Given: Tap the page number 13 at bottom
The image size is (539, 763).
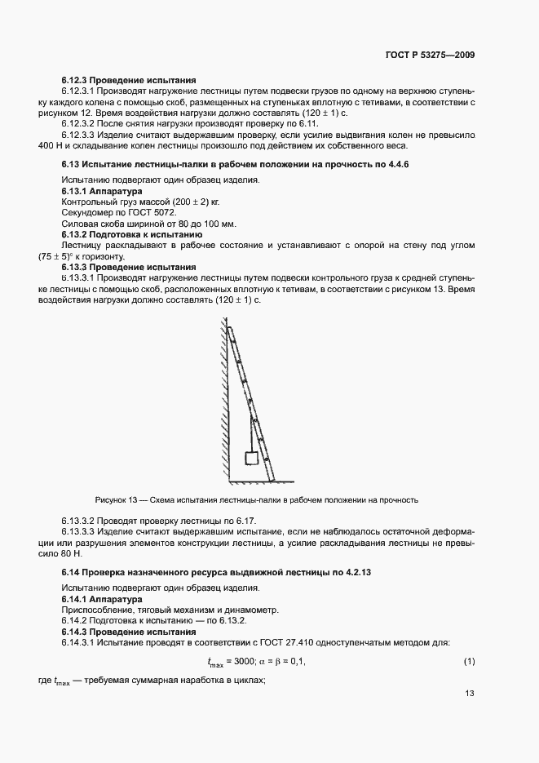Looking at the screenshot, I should click(469, 694).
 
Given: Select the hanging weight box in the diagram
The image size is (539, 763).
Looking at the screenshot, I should click(253, 458).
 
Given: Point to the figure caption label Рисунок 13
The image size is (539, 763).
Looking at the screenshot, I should click(114, 499).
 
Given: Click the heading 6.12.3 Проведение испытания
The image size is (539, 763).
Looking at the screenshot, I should click(129, 80).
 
